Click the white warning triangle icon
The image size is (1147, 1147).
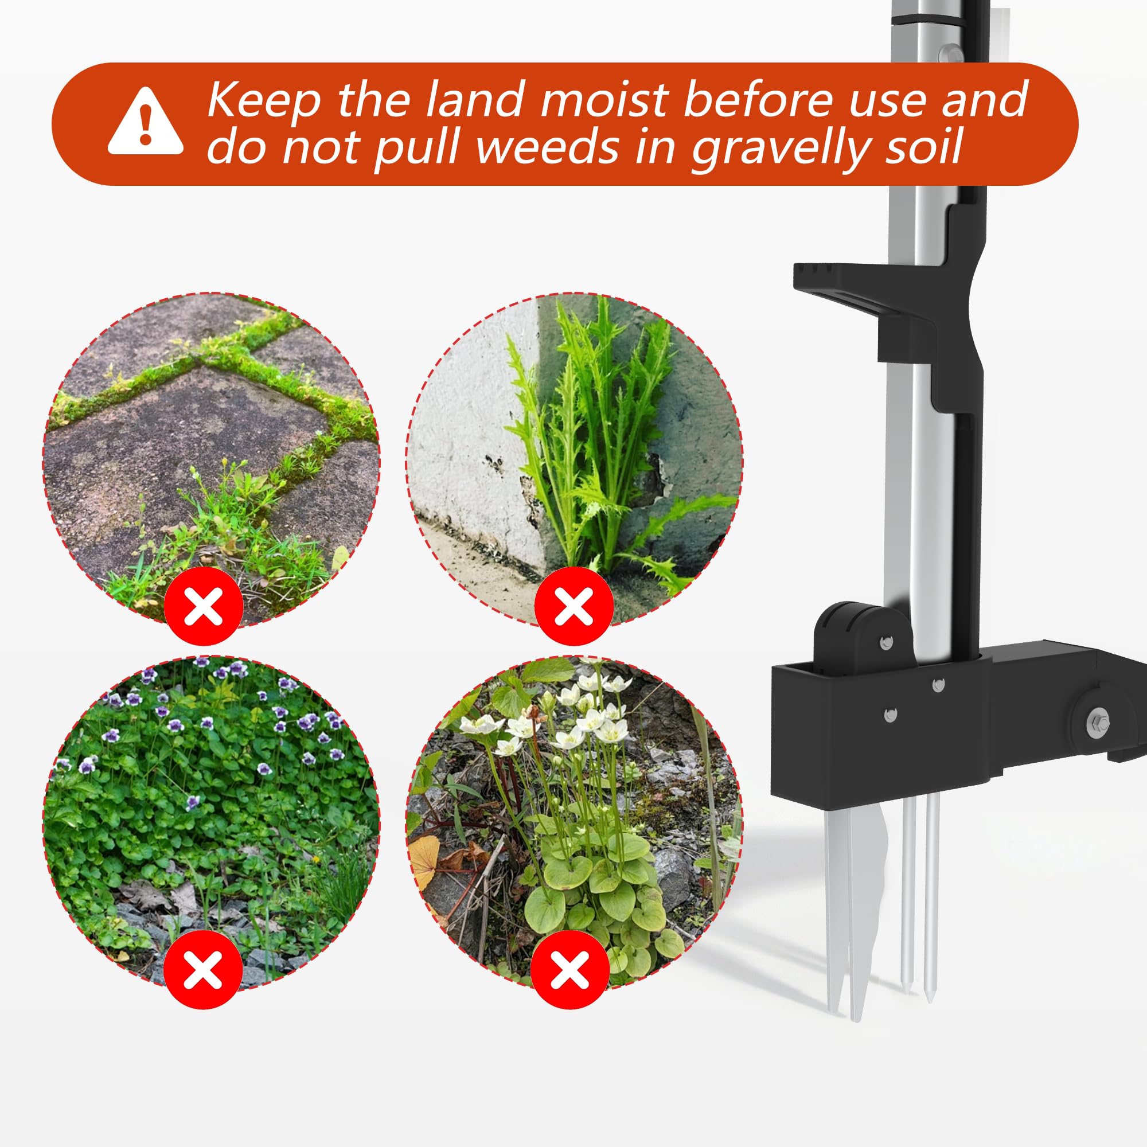click(146, 122)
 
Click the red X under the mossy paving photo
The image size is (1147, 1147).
click(204, 606)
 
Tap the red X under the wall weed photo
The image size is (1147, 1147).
click(573, 606)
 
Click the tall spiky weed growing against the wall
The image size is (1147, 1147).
click(600, 439)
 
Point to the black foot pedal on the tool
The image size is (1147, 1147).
click(867, 309)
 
